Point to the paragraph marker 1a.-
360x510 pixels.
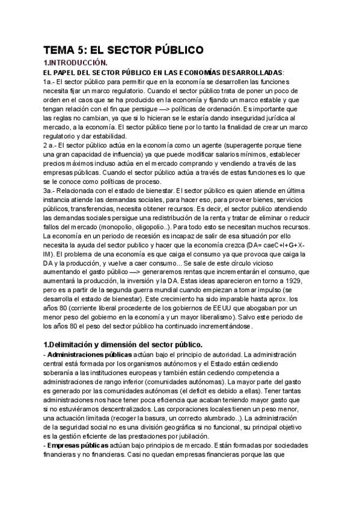[50, 82]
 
